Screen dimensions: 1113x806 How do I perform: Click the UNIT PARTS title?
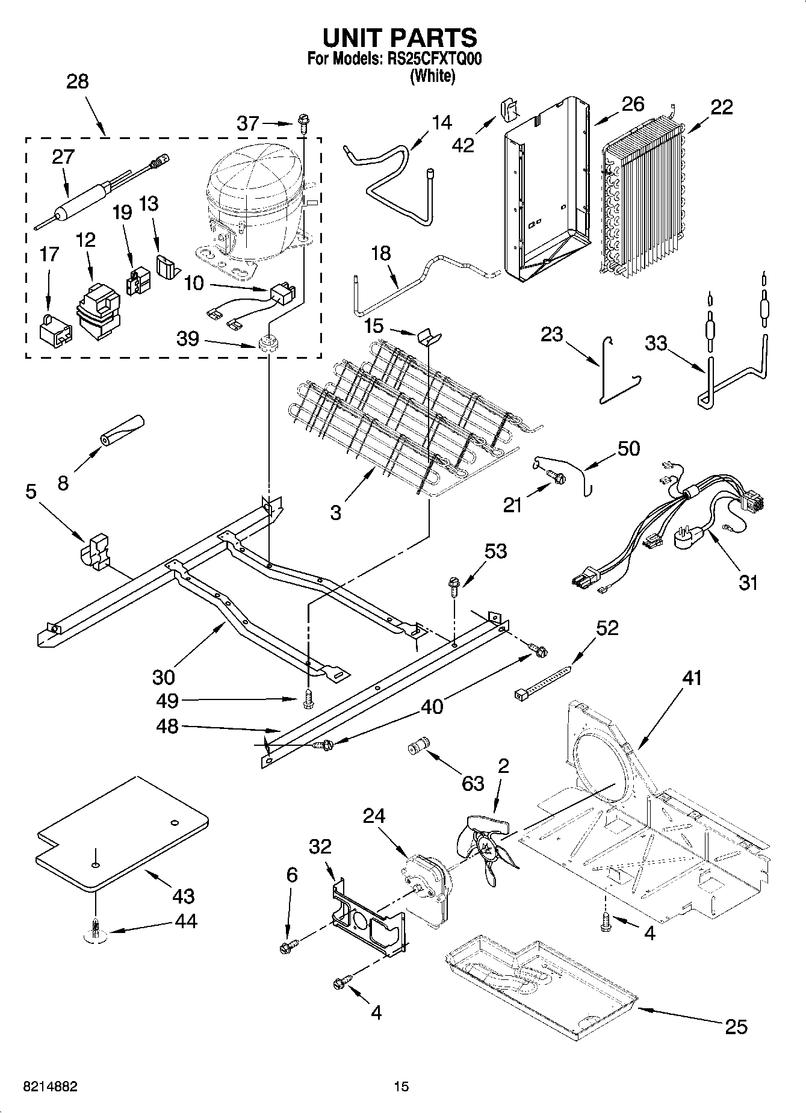click(x=400, y=37)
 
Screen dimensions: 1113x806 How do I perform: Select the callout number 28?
click(x=78, y=81)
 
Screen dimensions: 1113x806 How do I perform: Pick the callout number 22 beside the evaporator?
click(x=721, y=107)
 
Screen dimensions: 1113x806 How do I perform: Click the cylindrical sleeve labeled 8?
click(x=123, y=430)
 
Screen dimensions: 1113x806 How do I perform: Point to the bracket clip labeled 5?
click(x=95, y=550)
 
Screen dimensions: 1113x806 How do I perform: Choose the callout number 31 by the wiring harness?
click(x=748, y=582)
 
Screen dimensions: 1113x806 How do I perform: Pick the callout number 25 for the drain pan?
click(x=736, y=1026)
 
